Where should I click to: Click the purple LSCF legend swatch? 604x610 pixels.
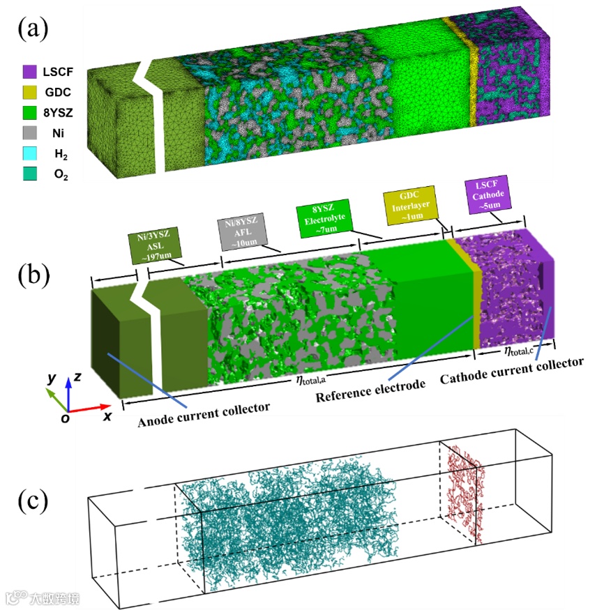pyautogui.click(x=29, y=71)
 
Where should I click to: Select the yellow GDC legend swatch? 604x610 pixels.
pyautogui.click(x=29, y=91)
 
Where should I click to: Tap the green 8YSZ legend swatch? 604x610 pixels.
pyautogui.click(x=29, y=112)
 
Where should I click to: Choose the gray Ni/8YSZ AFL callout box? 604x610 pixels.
pyautogui.click(x=241, y=230)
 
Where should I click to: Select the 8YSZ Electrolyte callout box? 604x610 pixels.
pyautogui.click(x=320, y=215)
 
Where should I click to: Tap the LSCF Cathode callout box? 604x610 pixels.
pyautogui.click(x=487, y=194)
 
